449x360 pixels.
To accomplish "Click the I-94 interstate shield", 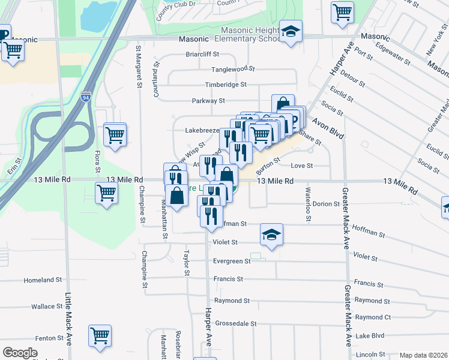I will point(86,97).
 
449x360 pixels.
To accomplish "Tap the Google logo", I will point(20,353).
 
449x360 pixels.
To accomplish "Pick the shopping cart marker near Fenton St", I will point(100,337).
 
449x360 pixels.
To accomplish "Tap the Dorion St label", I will point(327,204).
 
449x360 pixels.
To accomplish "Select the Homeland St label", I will point(43,280).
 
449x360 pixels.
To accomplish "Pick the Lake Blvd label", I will point(369,336).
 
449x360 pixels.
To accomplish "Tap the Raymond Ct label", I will point(372,317).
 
